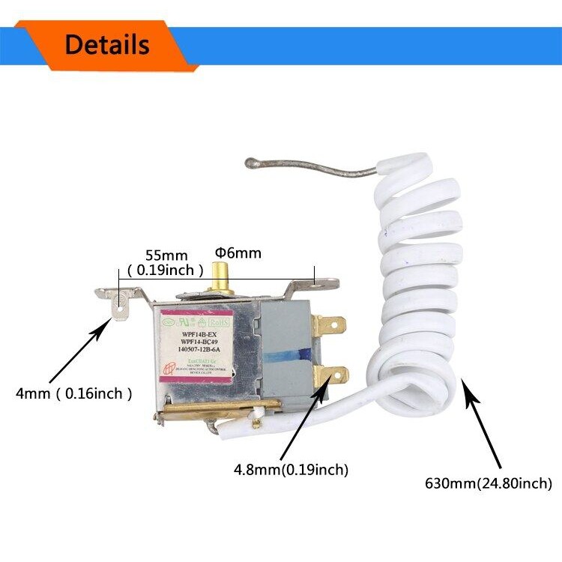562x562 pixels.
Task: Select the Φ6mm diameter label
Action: coord(238,253)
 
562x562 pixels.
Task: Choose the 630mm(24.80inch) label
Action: coord(487,483)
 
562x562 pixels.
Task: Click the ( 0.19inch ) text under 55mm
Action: coord(166,270)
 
